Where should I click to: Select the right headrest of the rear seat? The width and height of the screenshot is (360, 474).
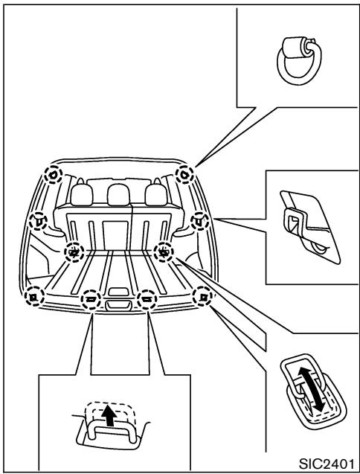[154, 196]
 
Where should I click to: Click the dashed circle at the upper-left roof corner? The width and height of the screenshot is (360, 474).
[53, 174]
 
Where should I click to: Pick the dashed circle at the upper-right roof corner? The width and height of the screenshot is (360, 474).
[184, 174]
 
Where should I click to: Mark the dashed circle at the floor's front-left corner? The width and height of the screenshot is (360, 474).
[32, 296]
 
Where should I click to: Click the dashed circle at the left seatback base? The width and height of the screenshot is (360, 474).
[73, 253]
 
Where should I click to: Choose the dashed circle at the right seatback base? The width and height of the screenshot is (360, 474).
[163, 253]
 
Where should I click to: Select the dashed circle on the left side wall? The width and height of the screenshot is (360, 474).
[38, 220]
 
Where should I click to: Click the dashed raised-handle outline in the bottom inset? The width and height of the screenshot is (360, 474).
[111, 410]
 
